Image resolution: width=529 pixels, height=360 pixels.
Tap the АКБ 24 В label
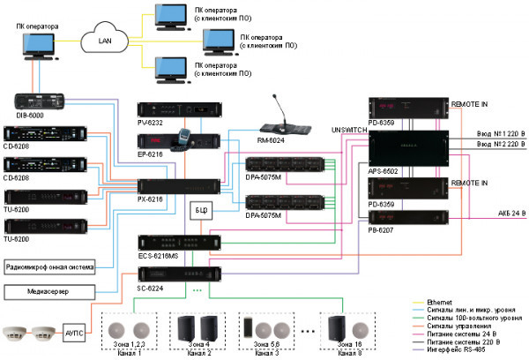[x=495, y=212]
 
